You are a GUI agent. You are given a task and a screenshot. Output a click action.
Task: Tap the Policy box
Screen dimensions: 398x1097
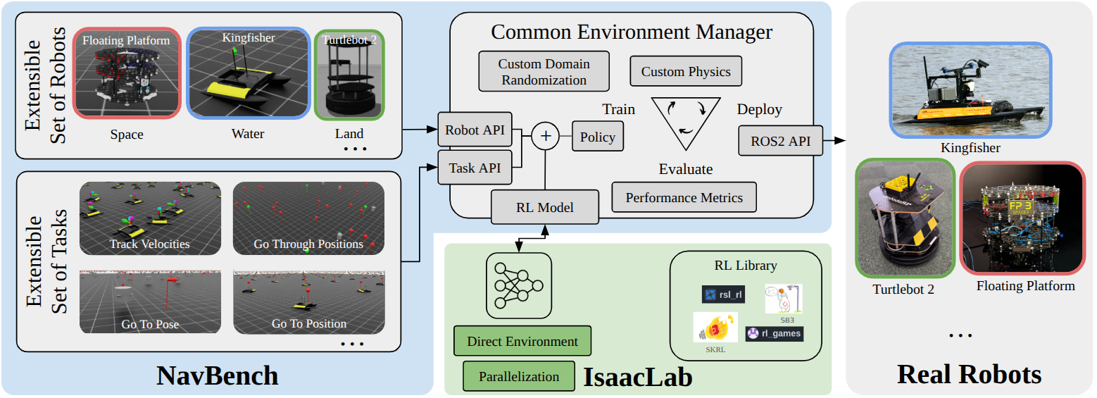tap(597, 137)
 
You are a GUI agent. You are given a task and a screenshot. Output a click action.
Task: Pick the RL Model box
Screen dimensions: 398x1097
tap(545, 207)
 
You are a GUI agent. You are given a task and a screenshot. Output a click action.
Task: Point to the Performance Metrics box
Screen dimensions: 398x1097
tap(684, 197)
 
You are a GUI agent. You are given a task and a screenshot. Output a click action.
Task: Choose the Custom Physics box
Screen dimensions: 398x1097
tap(686, 72)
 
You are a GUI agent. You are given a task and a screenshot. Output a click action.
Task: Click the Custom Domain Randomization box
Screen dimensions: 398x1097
tap(544, 71)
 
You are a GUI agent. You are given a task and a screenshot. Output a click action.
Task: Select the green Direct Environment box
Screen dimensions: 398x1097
tap(522, 342)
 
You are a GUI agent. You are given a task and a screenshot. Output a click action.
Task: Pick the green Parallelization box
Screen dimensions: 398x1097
tap(519, 376)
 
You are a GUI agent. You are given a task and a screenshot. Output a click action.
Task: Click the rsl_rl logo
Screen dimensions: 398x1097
tap(723, 294)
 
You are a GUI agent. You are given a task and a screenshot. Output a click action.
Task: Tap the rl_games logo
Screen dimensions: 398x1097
tap(775, 333)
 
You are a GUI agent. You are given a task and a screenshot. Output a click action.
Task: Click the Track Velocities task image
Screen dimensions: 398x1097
tap(150, 218)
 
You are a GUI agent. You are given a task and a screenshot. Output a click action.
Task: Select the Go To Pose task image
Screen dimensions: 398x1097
tap(150, 301)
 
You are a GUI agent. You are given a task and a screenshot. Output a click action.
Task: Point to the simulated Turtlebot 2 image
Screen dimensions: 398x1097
tap(349, 75)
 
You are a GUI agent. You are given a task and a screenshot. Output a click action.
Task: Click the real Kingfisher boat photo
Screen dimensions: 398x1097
tap(970, 89)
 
